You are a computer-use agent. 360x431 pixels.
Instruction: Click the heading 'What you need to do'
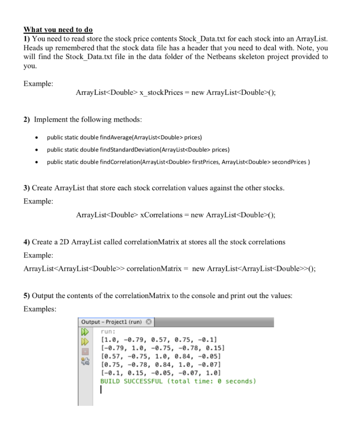click(58, 30)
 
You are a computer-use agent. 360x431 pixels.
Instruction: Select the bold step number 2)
click(27, 120)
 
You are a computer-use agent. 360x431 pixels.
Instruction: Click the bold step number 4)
click(27, 242)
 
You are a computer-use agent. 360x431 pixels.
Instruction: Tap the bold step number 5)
click(27, 296)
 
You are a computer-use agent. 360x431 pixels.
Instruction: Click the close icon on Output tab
click(148, 322)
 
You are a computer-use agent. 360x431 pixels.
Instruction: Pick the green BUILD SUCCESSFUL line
click(178, 381)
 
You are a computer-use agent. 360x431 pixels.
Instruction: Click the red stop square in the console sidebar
click(85, 351)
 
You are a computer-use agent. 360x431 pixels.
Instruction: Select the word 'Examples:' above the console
click(40, 309)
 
